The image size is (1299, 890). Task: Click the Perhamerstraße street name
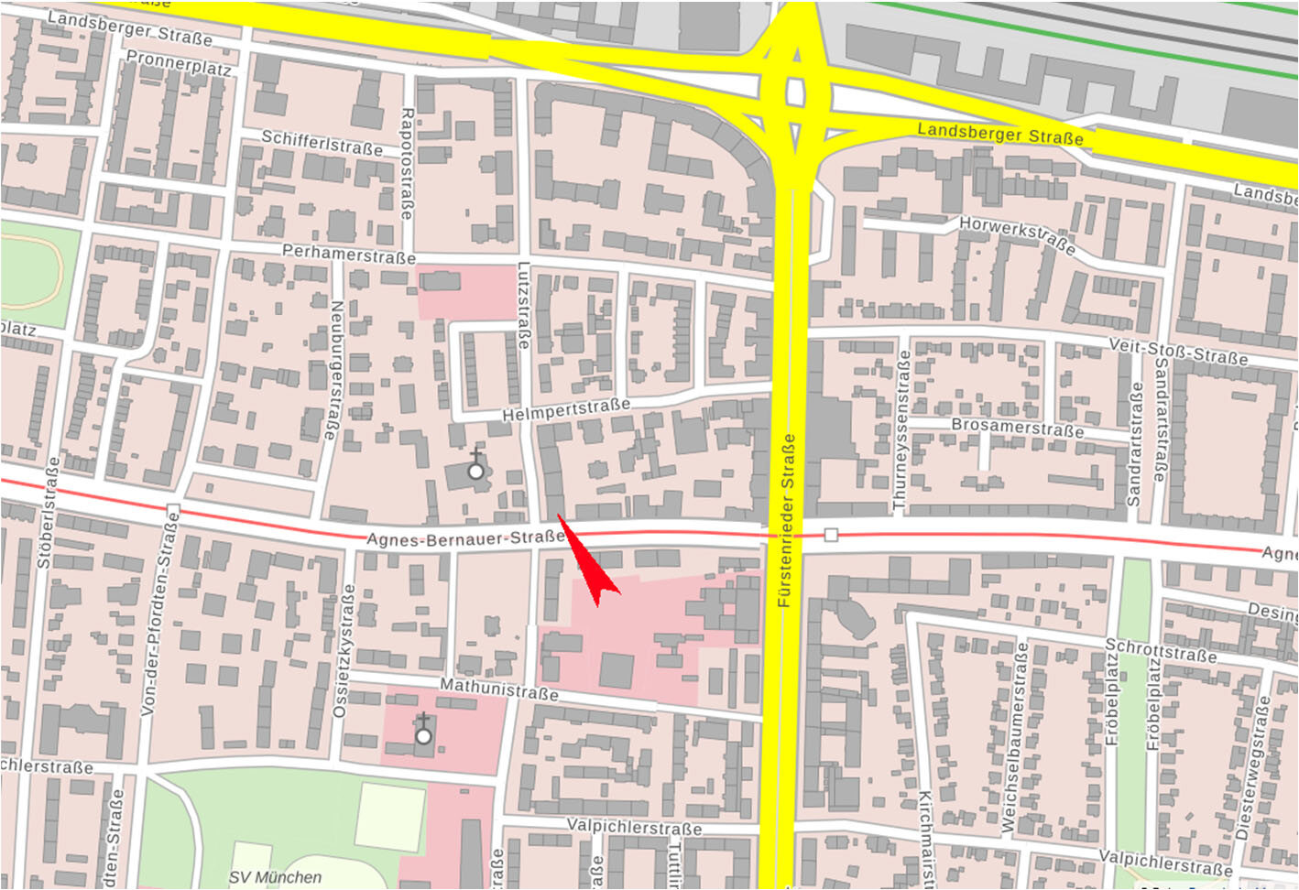click(348, 254)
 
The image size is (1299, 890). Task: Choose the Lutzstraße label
click(524, 306)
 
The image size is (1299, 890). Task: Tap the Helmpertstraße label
click(566, 410)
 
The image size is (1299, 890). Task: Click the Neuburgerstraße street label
click(335, 370)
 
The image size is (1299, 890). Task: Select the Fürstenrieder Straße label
click(786, 522)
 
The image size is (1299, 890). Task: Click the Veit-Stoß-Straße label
click(1177, 351)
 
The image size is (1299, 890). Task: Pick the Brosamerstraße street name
click(1017, 428)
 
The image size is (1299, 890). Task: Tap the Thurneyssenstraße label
click(901, 429)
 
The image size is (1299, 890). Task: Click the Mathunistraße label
click(498, 689)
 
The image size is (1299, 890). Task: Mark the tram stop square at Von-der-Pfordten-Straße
click(173, 509)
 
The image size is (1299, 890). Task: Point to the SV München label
click(275, 877)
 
